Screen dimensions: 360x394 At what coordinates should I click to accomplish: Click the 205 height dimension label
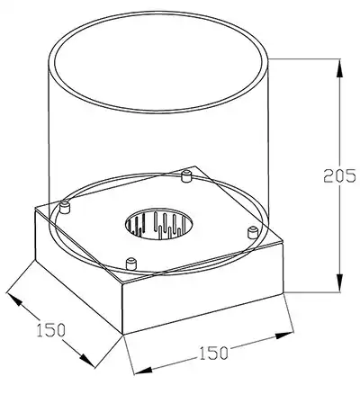(340, 176)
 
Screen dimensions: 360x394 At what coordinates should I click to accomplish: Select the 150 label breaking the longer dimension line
(213, 353)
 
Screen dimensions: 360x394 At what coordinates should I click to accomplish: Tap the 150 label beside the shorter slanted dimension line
(50, 330)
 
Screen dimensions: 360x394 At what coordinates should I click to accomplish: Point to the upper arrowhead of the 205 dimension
(339, 69)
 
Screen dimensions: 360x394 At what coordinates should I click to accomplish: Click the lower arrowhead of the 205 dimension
(339, 282)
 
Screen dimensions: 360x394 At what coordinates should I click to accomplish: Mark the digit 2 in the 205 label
(328, 176)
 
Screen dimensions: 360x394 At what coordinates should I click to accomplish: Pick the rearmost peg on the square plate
(186, 175)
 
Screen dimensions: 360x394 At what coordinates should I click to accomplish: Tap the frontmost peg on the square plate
(131, 264)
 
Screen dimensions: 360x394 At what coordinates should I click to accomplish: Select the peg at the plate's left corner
(65, 208)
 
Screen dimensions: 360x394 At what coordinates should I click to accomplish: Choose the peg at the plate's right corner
(253, 233)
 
